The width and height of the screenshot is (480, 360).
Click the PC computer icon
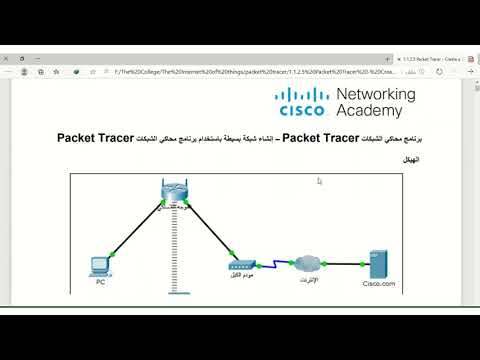(x=100, y=265)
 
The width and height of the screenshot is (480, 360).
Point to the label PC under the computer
(x=100, y=283)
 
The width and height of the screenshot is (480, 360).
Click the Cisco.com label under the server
(x=379, y=284)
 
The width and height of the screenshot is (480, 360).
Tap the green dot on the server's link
(x=359, y=265)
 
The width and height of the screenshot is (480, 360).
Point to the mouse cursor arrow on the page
(x=319, y=181)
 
